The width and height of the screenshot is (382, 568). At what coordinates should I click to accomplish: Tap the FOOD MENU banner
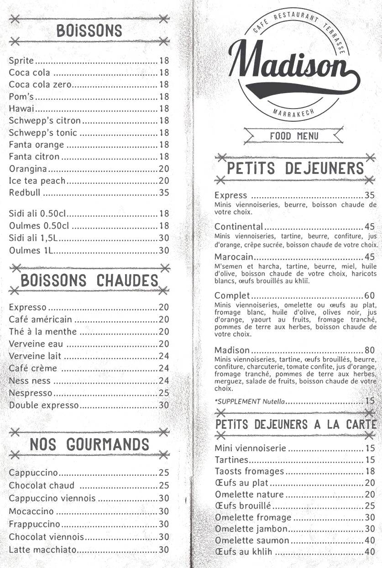tap(294, 136)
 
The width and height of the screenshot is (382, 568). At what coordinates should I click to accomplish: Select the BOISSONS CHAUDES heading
tap(89, 281)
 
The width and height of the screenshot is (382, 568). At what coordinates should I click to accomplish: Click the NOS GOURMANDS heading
tap(89, 444)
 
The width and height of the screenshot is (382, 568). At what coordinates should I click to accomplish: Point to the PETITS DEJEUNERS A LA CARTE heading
tap(296, 424)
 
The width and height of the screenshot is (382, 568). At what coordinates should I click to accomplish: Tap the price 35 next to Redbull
tap(164, 193)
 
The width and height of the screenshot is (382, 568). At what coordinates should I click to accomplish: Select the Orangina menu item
tap(28, 169)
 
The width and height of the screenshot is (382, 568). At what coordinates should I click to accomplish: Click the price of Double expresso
tap(164, 405)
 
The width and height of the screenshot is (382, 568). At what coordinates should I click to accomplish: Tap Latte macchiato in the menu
tap(42, 549)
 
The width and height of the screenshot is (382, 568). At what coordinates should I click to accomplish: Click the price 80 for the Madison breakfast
tap(370, 350)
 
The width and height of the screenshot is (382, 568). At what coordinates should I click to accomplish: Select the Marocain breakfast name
tap(234, 257)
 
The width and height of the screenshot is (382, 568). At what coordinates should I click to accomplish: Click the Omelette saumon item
tap(252, 540)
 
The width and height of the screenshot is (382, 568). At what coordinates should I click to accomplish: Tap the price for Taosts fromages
tap(370, 471)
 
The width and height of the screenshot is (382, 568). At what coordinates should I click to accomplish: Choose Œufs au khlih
tap(243, 552)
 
